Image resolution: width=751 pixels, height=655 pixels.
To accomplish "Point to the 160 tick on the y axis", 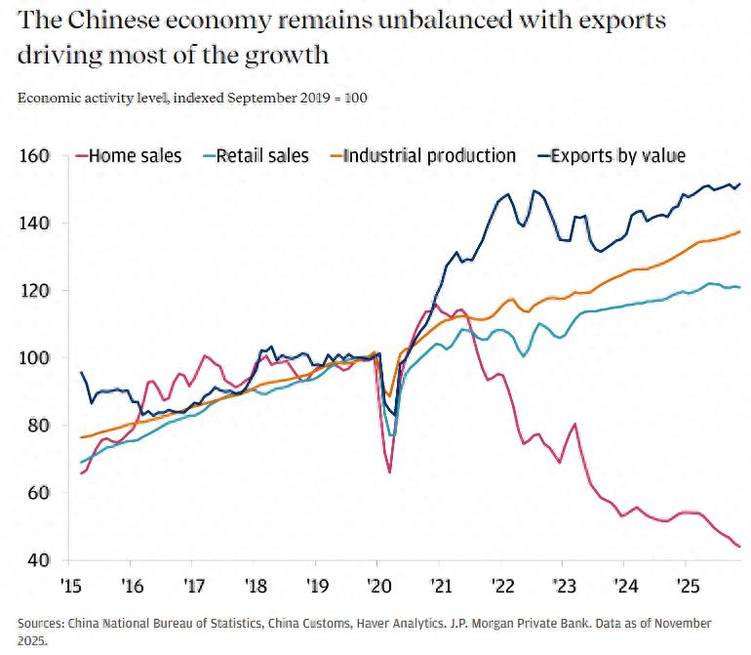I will point(34,156).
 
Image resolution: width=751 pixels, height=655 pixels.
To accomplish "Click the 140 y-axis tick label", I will point(34,224).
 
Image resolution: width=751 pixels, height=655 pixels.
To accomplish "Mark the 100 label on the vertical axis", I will point(34,358).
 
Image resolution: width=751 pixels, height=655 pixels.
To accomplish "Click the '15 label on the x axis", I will point(71,588).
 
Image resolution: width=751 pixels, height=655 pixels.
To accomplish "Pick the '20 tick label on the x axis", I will point(376,588).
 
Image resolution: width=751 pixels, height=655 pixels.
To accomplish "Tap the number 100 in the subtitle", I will point(356,98).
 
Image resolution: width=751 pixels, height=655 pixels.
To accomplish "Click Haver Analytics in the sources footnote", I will point(319,623).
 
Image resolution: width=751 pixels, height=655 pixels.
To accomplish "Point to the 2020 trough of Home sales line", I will point(389,472).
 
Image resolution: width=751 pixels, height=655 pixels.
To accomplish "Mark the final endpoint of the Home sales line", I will point(738,547).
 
